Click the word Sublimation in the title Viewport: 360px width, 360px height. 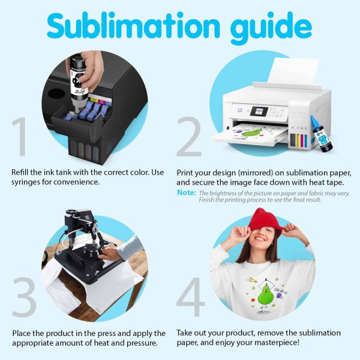[x=133, y=26]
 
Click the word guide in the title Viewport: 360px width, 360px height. [x=271, y=28]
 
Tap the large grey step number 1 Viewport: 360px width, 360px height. [x=20, y=137]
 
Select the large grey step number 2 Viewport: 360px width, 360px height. [x=189, y=136]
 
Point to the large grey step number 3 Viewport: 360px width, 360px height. [x=25, y=297]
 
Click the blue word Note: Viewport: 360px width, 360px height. [x=187, y=193]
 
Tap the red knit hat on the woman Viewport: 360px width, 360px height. [x=265, y=220]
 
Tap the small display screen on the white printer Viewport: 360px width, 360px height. [x=259, y=112]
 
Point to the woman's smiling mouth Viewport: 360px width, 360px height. [x=260, y=239]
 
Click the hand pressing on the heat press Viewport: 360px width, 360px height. [x=110, y=252]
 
